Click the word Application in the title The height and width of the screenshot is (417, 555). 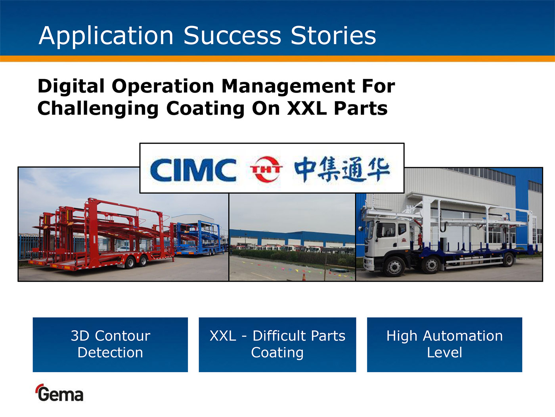click(106, 36)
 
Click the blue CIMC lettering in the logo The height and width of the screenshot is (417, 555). click(193, 170)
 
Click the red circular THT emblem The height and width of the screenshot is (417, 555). click(266, 169)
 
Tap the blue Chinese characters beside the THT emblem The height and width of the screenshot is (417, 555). click(342, 169)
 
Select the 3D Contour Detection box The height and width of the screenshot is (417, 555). click(110, 344)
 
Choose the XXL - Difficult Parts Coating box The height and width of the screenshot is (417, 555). click(277, 344)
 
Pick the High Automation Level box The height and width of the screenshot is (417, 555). click(444, 344)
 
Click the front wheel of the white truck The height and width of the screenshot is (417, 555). click(394, 266)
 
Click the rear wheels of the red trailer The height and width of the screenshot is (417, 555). click(136, 262)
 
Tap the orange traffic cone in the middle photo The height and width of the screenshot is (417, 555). click(304, 277)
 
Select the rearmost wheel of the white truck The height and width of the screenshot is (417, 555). click(508, 259)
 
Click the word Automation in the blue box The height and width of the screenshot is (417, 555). click(463, 336)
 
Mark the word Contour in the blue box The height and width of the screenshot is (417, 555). click(122, 336)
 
